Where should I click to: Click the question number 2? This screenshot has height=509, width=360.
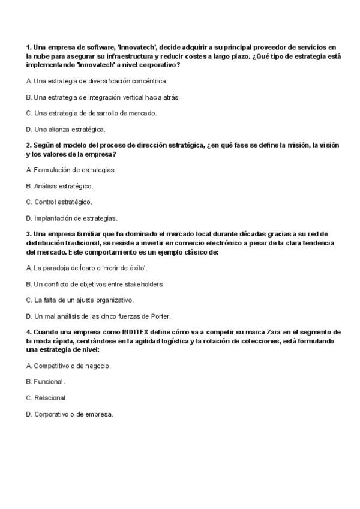pyautogui.click(x=29, y=145)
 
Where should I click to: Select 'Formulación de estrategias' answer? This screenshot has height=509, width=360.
pyautogui.click(x=71, y=170)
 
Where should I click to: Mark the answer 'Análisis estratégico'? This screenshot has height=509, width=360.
pyautogui.click(x=60, y=186)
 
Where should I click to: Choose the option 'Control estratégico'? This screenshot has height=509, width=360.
pyautogui.click(x=59, y=202)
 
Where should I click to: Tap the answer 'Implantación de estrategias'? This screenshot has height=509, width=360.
pyautogui.click(x=72, y=218)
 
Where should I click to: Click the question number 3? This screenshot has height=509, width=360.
pyautogui.click(x=29, y=234)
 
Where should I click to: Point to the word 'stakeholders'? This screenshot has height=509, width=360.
pyautogui.click(x=144, y=284)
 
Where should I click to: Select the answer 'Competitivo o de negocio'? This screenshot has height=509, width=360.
pyautogui.click(x=69, y=366)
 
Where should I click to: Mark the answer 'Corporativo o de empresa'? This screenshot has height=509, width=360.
pyautogui.click(x=70, y=414)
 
